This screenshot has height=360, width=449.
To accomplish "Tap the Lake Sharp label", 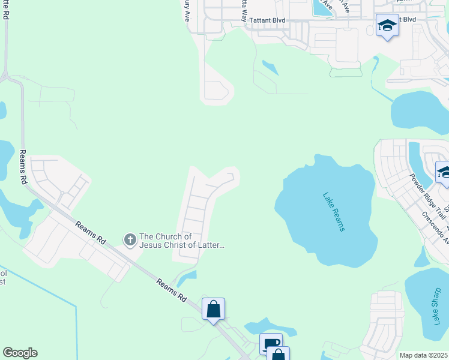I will (436, 305).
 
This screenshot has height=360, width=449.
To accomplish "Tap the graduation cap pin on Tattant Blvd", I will (387, 26).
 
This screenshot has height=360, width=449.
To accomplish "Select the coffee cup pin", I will (271, 344).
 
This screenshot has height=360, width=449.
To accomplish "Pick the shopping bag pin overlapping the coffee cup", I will (279, 354).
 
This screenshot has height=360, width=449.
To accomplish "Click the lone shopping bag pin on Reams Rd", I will (213, 309).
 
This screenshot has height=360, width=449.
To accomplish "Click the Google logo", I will (20, 353).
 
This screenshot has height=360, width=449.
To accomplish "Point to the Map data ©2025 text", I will (423, 355).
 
